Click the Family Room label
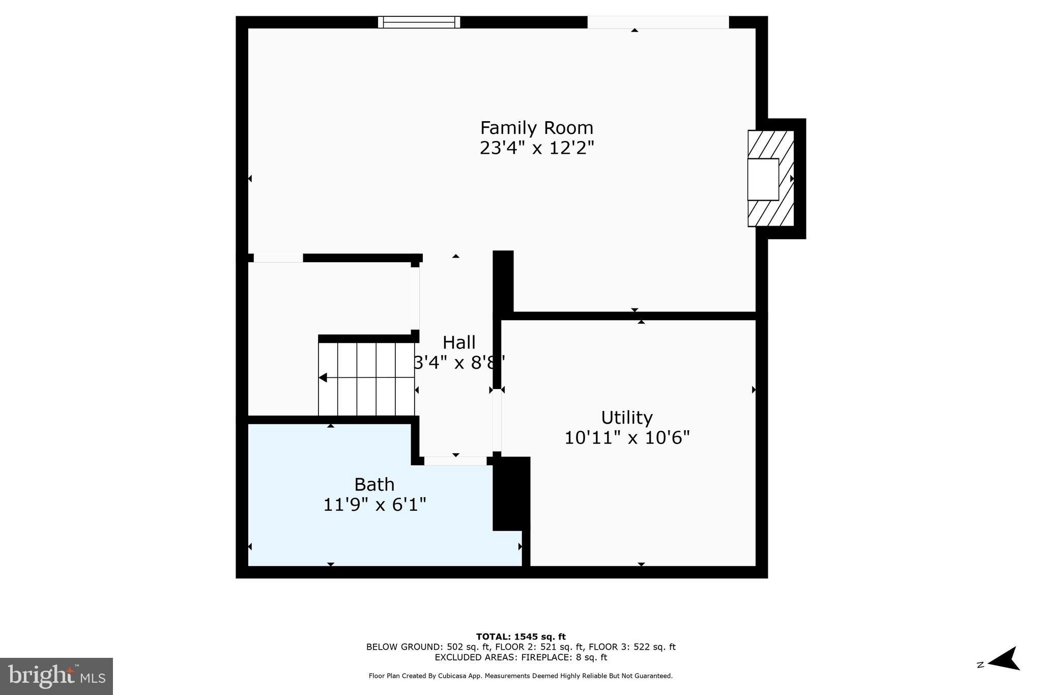click(536, 127)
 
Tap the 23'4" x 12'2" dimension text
click(536, 148)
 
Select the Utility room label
click(626, 418)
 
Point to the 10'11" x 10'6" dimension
click(626, 437)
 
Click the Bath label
click(374, 484)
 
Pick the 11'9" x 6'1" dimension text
click(374, 505)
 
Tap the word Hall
click(459, 342)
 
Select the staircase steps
click(366, 379)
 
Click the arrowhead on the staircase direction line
click(323, 378)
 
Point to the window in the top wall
click(419, 22)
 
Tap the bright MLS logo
click(56, 676)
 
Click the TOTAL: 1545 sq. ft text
click(520, 636)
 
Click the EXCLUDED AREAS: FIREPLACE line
click(520, 657)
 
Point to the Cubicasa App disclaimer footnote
click(520, 676)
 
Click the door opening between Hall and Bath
click(455, 461)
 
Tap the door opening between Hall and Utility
click(497, 420)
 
